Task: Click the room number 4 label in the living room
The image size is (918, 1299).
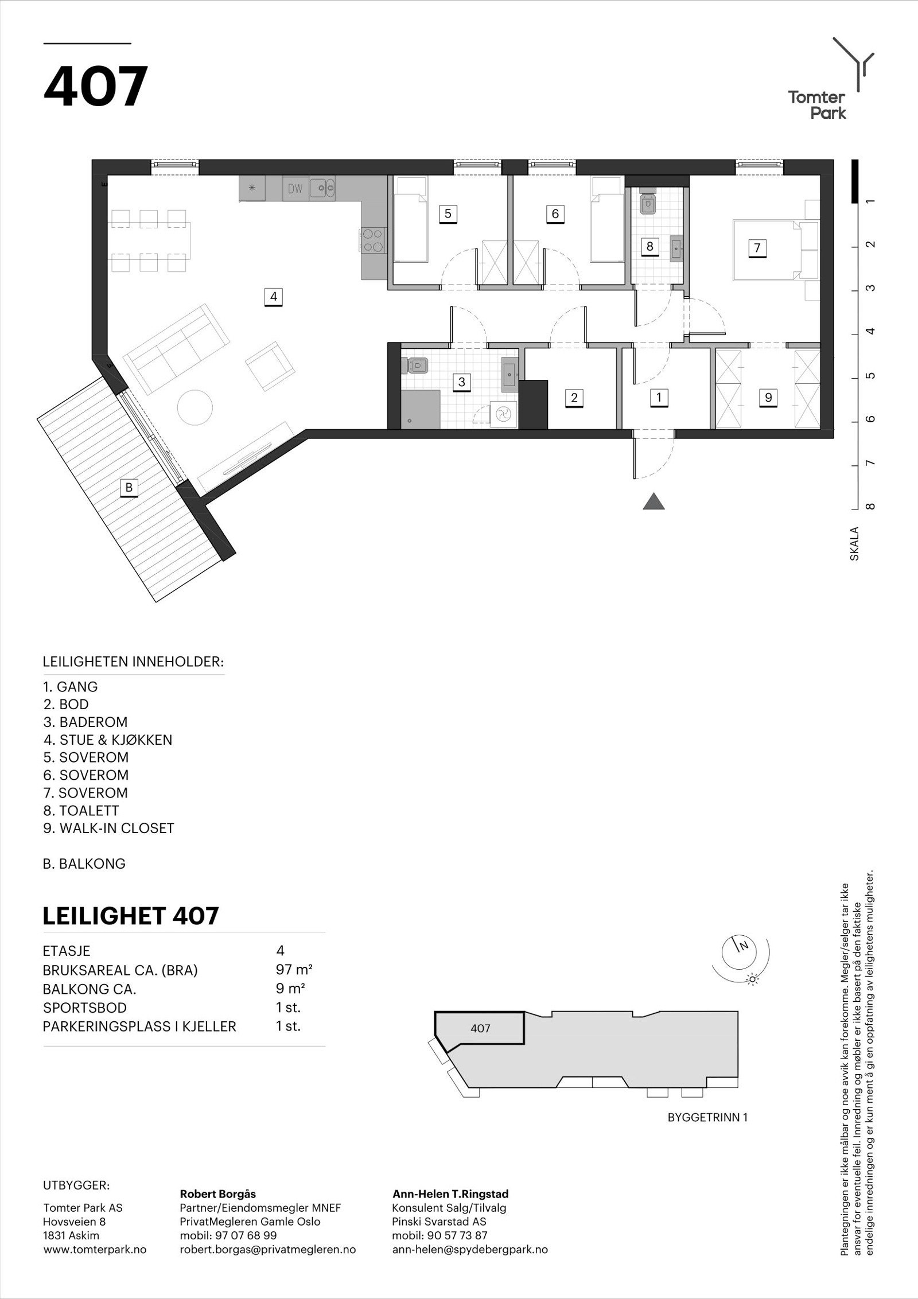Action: click(x=274, y=297)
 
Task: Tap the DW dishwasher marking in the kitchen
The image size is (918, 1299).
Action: click(x=295, y=188)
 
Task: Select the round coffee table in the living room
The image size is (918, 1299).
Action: click(x=196, y=408)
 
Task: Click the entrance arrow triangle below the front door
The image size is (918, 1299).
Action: click(x=654, y=502)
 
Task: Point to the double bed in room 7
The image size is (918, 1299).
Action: click(x=765, y=249)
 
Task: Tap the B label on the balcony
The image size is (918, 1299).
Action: click(x=129, y=488)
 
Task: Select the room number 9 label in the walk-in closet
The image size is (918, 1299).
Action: click(x=768, y=397)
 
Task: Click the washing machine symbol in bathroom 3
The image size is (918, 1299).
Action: click(x=503, y=414)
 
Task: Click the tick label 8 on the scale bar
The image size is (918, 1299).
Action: click(x=872, y=507)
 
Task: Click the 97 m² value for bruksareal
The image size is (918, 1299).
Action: click(x=294, y=970)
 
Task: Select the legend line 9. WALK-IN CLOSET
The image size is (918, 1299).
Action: click(x=108, y=828)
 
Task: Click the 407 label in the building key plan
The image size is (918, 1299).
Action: click(x=480, y=1028)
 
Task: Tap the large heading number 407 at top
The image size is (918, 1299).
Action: click(x=96, y=87)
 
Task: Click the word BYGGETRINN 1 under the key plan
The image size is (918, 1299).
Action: click(x=707, y=1117)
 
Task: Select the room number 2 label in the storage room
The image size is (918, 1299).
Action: click(x=574, y=397)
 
